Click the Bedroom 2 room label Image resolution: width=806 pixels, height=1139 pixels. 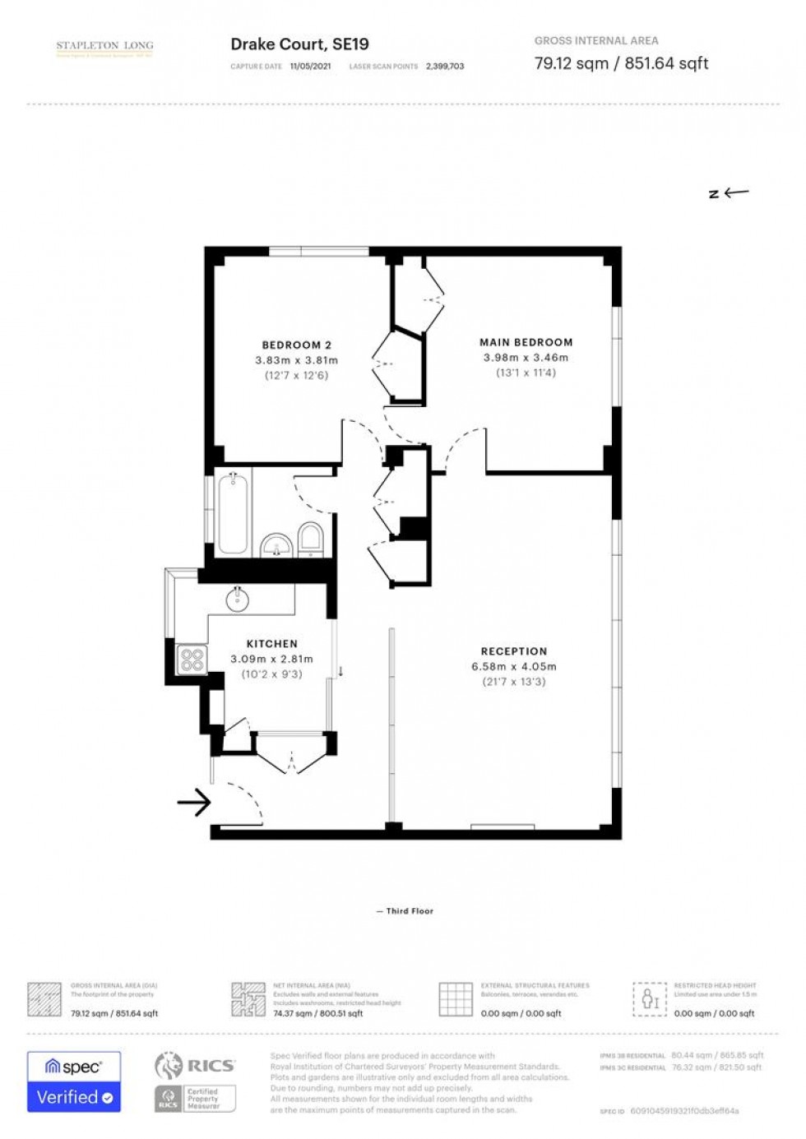[x=296, y=345]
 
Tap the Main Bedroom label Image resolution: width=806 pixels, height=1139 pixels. [x=526, y=342]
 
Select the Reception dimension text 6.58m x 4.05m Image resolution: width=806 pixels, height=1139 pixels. [x=513, y=667]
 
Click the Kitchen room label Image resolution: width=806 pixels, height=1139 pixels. [x=271, y=644]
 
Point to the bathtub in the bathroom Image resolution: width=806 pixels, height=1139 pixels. [x=233, y=515]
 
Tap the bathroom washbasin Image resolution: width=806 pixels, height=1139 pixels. [x=276, y=545]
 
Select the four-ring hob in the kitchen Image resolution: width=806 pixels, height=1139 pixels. [x=192, y=660]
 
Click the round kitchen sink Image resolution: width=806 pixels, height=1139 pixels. [x=238, y=600]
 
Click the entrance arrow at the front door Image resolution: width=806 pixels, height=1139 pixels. [x=194, y=802]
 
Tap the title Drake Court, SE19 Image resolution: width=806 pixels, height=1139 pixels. [x=299, y=44]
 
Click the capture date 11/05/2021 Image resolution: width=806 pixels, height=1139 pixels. [x=310, y=67]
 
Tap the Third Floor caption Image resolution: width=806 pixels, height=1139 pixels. [x=409, y=911]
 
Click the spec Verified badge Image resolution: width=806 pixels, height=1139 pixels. [x=74, y=1081]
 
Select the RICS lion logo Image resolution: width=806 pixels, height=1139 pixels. [x=169, y=1066]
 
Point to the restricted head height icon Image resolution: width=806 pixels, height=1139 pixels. [x=650, y=999]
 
